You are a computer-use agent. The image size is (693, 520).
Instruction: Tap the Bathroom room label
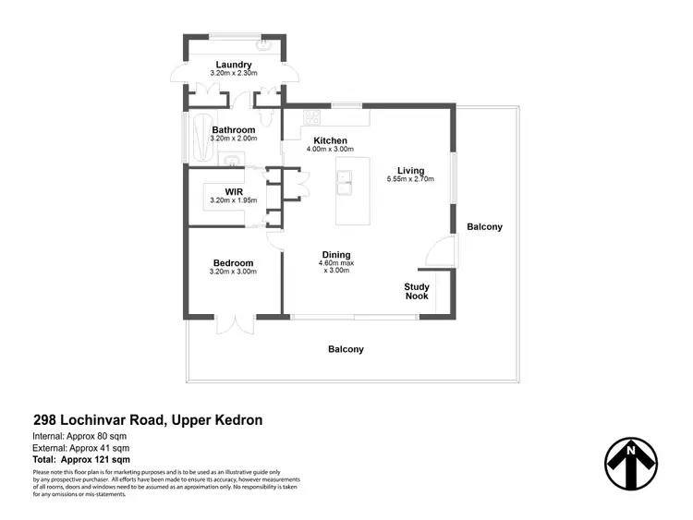(233, 130)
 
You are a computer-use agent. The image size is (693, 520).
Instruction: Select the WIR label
(233, 191)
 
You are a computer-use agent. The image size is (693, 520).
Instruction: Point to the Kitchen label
(330, 140)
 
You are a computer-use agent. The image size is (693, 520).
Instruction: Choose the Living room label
(410, 171)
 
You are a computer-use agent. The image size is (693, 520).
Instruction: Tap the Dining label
(335, 255)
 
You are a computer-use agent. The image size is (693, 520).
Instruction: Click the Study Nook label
(417, 292)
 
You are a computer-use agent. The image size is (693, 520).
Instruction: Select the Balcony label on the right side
(484, 226)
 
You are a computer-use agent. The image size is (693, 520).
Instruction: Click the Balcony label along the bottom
(346, 349)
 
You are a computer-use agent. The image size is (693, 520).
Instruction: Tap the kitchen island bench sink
(345, 189)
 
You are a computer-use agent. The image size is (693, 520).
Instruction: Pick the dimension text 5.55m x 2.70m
(410, 180)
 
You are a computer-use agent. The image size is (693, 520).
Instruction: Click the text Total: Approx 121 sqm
(81, 459)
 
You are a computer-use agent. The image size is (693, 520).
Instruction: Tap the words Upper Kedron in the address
(217, 419)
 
